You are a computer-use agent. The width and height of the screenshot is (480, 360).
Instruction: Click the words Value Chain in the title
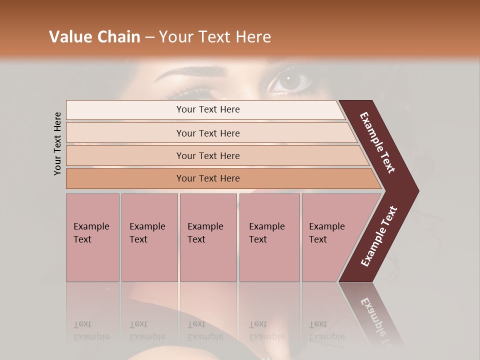click(94, 37)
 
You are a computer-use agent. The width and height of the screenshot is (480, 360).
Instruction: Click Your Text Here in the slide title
click(215, 37)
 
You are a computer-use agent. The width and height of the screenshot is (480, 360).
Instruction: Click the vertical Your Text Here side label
click(57, 143)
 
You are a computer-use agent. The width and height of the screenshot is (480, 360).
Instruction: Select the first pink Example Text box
click(92, 237)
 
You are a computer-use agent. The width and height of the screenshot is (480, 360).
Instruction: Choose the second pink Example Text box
click(149, 237)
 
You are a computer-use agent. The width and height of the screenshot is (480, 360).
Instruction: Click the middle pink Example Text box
click(208, 237)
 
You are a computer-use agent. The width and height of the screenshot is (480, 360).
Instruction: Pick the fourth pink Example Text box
click(269, 237)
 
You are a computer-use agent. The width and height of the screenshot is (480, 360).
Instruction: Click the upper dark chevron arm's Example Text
click(377, 142)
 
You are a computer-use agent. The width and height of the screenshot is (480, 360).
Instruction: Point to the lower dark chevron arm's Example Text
click(379, 236)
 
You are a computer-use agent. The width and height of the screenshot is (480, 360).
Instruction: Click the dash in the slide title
click(149, 37)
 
